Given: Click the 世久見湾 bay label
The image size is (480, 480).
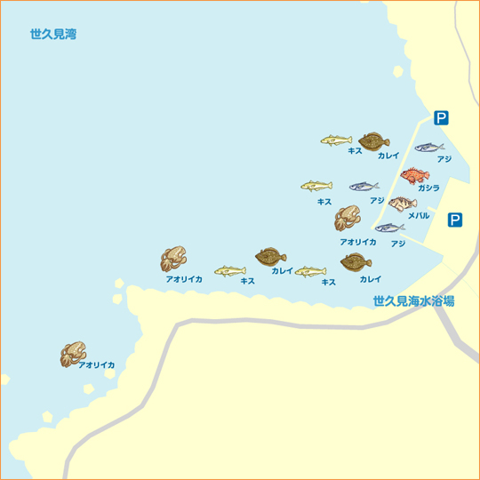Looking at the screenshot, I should (x=53, y=35).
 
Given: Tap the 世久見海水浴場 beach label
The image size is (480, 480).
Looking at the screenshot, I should (x=413, y=301).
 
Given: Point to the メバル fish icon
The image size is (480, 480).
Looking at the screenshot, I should (x=402, y=204).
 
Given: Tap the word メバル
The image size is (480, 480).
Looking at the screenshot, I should (x=418, y=216).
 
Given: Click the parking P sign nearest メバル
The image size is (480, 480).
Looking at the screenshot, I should (x=454, y=220).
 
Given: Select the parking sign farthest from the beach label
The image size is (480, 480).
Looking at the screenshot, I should (x=442, y=117).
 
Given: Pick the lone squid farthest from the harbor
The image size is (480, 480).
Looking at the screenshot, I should (x=72, y=355).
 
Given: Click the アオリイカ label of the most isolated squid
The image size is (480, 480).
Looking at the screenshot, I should (x=96, y=365).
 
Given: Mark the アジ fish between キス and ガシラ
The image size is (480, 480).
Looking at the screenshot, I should (x=364, y=187).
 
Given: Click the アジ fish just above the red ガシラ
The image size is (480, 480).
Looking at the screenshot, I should (x=429, y=147).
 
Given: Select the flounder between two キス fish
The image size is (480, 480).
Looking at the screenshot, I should (x=270, y=258).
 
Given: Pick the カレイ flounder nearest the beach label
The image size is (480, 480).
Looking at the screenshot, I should (x=356, y=262).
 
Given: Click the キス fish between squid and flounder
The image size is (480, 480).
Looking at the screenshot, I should (x=229, y=270).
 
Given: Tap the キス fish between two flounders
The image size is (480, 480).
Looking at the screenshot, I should (x=310, y=271).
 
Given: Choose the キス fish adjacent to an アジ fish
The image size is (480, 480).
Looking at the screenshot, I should (x=316, y=186).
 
